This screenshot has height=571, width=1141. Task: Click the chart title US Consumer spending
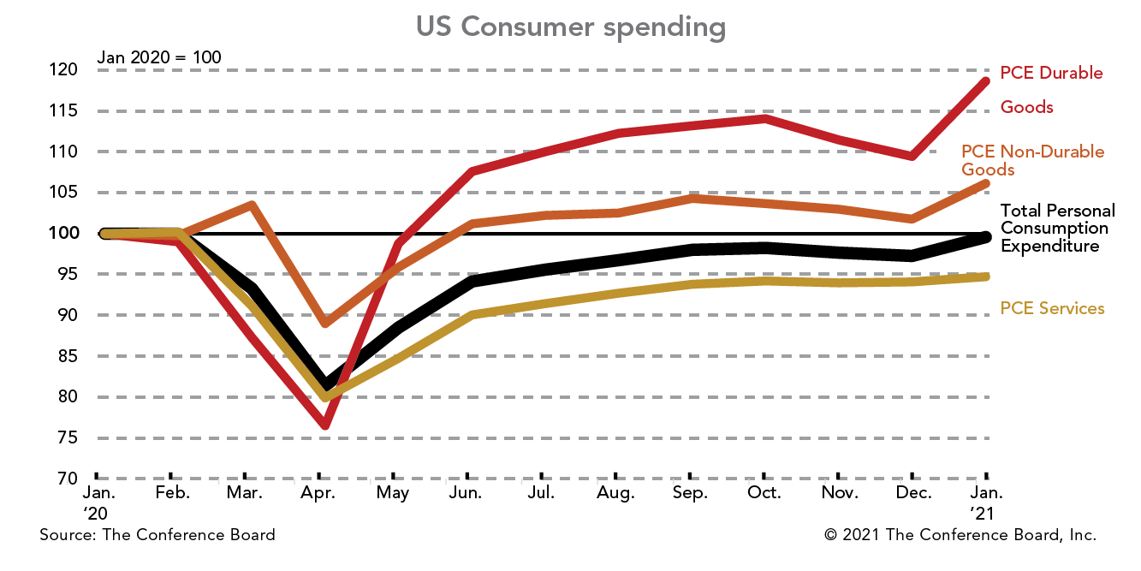(570, 27)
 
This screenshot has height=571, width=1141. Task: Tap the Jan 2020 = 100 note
(159, 57)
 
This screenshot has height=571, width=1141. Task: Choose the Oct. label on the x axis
(764, 493)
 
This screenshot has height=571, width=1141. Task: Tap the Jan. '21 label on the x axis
(986, 503)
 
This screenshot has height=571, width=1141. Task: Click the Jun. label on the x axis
(467, 493)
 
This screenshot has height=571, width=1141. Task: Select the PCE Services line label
(1052, 308)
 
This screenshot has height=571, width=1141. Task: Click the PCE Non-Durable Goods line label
(1032, 160)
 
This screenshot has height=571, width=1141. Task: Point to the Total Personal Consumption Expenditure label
(1057, 228)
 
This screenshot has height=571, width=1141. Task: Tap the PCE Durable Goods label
(1051, 89)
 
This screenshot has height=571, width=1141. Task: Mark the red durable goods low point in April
(325, 424)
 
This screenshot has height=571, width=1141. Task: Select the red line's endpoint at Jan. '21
(985, 81)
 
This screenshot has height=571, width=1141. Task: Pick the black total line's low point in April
(325, 384)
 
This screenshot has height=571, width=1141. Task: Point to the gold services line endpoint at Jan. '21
(985, 277)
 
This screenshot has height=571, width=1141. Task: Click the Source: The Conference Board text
(157, 535)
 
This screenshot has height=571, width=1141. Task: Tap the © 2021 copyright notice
(960, 535)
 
